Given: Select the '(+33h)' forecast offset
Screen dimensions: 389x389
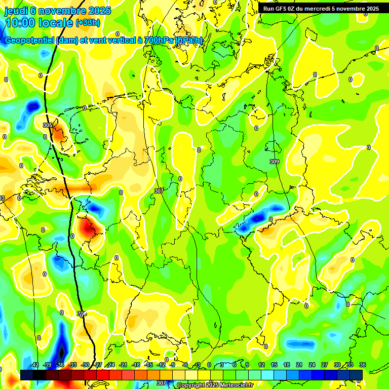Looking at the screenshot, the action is click(x=88, y=23).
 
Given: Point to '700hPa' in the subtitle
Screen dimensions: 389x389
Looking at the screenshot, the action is click(x=159, y=41).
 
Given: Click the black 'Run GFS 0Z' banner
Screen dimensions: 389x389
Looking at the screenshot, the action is click(x=321, y=9).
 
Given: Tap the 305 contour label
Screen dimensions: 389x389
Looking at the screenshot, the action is click(x=48, y=125).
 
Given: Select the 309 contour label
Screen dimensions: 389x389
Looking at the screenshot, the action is click(x=275, y=162).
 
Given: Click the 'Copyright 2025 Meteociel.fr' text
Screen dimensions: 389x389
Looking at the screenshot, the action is click(x=215, y=385).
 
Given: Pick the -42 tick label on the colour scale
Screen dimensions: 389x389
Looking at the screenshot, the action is click(x=34, y=365).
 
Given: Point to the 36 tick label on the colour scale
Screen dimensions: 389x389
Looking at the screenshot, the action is click(x=363, y=365).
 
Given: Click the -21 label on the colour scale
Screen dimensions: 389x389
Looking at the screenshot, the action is click(x=123, y=365).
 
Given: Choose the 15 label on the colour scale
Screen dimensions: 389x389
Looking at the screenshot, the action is click(x=274, y=365).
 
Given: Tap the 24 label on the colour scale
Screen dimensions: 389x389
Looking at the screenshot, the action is click(x=312, y=365).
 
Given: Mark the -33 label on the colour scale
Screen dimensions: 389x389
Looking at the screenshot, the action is click(x=72, y=365).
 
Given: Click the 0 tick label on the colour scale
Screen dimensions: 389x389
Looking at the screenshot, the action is click(x=209, y=365).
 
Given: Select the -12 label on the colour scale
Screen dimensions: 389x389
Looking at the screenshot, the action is click(x=161, y=365).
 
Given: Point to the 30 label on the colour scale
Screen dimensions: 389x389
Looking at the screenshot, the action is click(x=337, y=365).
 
